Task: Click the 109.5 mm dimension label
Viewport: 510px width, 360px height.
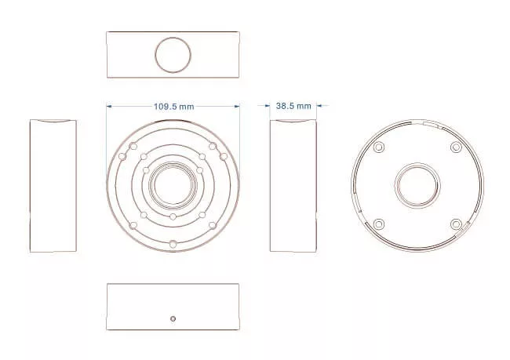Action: coord(173,107)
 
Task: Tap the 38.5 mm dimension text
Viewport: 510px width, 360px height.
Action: coord(293,106)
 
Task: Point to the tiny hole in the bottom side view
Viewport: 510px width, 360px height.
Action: coord(173,318)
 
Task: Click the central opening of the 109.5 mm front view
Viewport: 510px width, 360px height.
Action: coord(173,185)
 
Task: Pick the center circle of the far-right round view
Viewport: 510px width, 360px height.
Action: coord(417,186)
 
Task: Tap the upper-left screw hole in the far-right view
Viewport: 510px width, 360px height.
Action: coord(378,147)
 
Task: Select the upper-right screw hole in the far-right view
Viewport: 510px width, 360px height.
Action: coord(456,147)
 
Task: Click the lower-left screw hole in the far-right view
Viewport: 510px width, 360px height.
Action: coord(378,224)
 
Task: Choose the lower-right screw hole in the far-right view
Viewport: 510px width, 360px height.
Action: coord(456,224)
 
